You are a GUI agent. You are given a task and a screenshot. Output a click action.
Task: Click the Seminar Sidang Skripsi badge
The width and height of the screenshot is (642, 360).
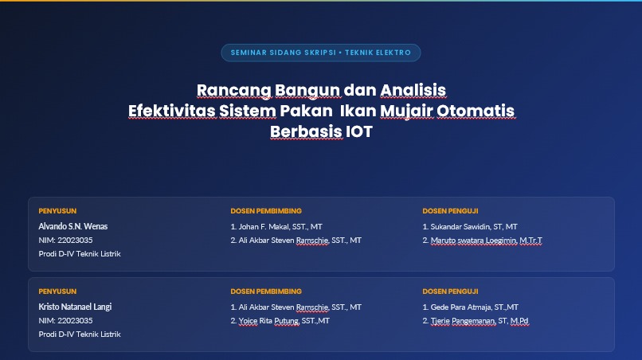[x=320, y=53]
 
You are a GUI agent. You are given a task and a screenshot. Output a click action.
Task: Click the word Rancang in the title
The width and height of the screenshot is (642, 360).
[x=234, y=91]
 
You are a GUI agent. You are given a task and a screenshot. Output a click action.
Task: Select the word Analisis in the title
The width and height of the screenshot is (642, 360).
[x=413, y=90]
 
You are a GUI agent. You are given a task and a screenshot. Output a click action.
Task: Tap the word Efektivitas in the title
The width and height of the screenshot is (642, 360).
[x=172, y=111]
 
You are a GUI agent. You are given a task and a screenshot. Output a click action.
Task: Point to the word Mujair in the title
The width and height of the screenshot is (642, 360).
[x=406, y=112]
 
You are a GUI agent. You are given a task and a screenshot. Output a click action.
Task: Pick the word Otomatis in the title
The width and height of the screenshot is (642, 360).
[x=476, y=111]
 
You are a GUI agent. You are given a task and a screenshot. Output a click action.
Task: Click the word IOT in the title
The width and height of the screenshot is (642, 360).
[x=359, y=131]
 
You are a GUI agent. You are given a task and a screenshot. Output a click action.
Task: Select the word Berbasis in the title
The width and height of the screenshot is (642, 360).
[x=306, y=131]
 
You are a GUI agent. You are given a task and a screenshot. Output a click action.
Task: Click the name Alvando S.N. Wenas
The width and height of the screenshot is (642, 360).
[x=72, y=226]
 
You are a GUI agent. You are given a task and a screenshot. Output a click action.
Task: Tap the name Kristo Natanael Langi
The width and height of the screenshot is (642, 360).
[x=75, y=307]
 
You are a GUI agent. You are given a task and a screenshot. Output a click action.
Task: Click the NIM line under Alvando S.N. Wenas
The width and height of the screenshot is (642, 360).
[x=65, y=240]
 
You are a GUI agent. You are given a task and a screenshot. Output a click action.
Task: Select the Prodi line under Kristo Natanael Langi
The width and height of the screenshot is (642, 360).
[x=80, y=335]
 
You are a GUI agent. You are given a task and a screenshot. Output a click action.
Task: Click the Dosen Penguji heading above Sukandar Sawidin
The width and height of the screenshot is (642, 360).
[x=450, y=211]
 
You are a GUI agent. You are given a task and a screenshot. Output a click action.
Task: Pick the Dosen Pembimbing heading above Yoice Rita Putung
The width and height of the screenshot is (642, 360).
[x=266, y=292]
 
